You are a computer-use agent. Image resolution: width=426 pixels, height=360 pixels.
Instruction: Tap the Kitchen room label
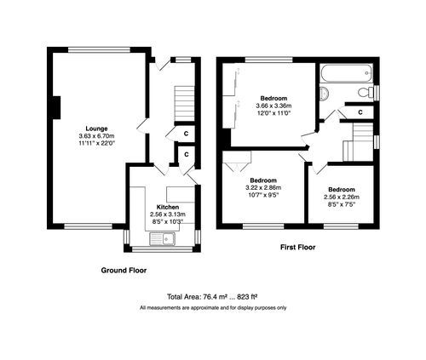[167, 207]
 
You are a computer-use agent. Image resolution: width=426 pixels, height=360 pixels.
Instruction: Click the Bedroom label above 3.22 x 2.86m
[263, 180]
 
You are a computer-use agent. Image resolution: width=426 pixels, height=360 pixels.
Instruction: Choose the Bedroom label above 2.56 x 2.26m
[343, 189]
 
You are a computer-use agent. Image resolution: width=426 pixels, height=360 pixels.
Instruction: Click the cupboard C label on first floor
[360, 111]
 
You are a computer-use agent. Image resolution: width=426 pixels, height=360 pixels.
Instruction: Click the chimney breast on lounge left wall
[55, 108]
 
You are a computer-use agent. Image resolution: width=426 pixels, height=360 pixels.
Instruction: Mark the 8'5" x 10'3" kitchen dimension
[167, 221]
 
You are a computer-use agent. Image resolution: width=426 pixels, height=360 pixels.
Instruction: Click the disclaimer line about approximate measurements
[213, 307]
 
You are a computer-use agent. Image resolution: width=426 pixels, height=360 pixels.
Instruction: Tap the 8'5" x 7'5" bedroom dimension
[343, 204]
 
